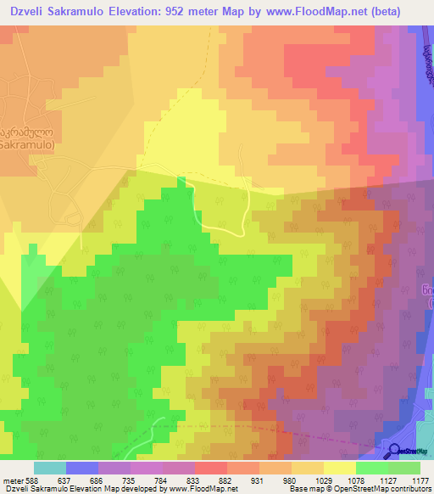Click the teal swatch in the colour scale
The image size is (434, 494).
tap(48, 468)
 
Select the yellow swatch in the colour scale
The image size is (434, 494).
tap(339, 468)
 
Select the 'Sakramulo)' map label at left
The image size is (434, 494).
tap(27, 145)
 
